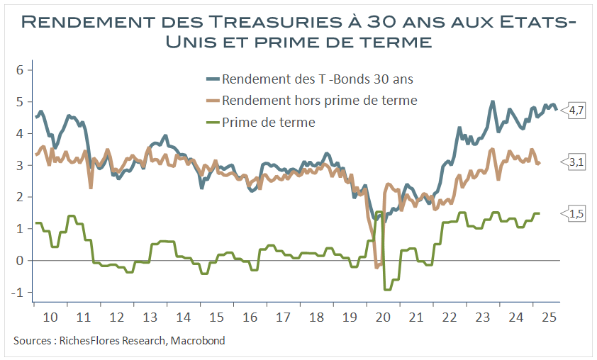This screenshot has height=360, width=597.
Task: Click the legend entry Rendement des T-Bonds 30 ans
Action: [317, 79]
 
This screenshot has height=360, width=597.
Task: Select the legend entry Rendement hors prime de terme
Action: [319, 101]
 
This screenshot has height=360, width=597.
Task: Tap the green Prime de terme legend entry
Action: [268, 123]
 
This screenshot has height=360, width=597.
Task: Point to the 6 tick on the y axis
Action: [21, 69]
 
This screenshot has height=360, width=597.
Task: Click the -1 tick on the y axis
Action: [19, 292]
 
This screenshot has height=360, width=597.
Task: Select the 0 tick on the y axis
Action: [21, 260]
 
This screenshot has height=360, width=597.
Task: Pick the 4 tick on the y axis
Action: [21, 133]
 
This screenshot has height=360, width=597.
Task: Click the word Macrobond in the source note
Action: [199, 341]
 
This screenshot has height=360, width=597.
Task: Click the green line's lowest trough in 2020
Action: [387, 289]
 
